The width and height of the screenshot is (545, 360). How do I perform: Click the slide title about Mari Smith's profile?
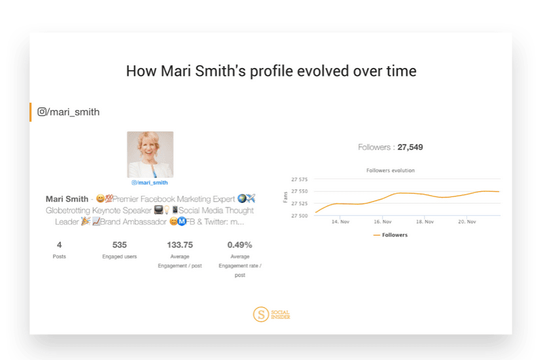(271, 71)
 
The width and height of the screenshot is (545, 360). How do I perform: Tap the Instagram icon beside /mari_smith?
(42, 112)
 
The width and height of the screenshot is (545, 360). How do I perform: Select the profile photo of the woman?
(150, 154)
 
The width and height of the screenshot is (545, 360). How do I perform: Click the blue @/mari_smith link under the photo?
(149, 183)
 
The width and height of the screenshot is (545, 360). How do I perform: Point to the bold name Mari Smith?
(67, 199)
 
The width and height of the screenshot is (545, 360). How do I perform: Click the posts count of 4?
(60, 245)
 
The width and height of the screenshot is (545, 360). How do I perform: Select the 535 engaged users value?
(119, 245)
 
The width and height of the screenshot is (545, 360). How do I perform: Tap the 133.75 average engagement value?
(180, 245)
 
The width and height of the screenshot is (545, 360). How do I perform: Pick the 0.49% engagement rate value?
(240, 245)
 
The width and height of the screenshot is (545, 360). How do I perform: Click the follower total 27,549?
(410, 147)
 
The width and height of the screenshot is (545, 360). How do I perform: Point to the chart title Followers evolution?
(391, 170)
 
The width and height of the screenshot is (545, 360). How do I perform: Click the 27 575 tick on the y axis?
(299, 179)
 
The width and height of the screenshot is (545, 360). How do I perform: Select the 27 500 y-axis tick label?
(299, 215)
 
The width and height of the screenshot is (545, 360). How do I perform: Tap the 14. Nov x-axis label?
(340, 222)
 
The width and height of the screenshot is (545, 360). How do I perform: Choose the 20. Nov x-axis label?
(466, 222)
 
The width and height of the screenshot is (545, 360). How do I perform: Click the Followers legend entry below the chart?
(391, 235)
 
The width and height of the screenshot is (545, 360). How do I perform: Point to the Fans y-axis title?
(285, 197)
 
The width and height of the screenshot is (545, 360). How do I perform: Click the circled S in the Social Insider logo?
(261, 314)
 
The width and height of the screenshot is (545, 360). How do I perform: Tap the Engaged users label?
(120, 257)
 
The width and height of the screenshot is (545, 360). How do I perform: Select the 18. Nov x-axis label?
(425, 222)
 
